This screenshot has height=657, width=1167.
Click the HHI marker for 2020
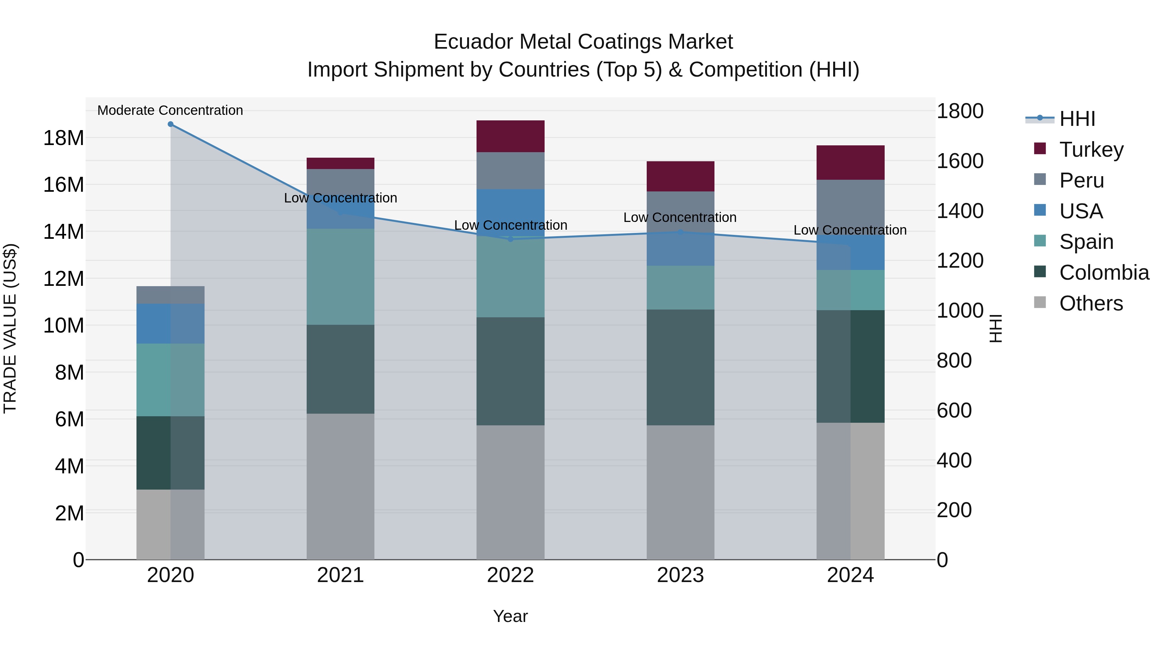click(x=170, y=124)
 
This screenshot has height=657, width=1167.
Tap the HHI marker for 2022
click(x=511, y=239)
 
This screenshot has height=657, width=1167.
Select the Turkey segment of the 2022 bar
click(x=511, y=136)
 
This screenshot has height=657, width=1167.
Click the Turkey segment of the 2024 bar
click(x=850, y=162)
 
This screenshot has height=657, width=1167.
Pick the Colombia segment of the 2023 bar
click(x=680, y=367)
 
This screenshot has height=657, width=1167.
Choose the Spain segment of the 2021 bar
click(x=340, y=276)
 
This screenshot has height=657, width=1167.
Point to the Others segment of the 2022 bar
click(x=511, y=492)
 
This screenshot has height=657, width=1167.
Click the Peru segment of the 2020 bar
click(x=170, y=295)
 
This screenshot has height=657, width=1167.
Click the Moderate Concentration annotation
click(x=170, y=110)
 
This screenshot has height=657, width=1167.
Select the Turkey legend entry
click(x=1091, y=150)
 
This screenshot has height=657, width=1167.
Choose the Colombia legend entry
click(x=1103, y=273)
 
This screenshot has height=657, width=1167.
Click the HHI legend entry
click(x=1077, y=119)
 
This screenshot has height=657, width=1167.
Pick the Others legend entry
click(x=1091, y=303)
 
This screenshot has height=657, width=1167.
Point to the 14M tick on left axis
click(x=64, y=232)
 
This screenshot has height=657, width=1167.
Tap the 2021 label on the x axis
click(x=340, y=575)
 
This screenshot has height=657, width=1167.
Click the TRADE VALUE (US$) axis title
click(x=10, y=328)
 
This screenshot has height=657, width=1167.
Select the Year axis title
click(x=510, y=616)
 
